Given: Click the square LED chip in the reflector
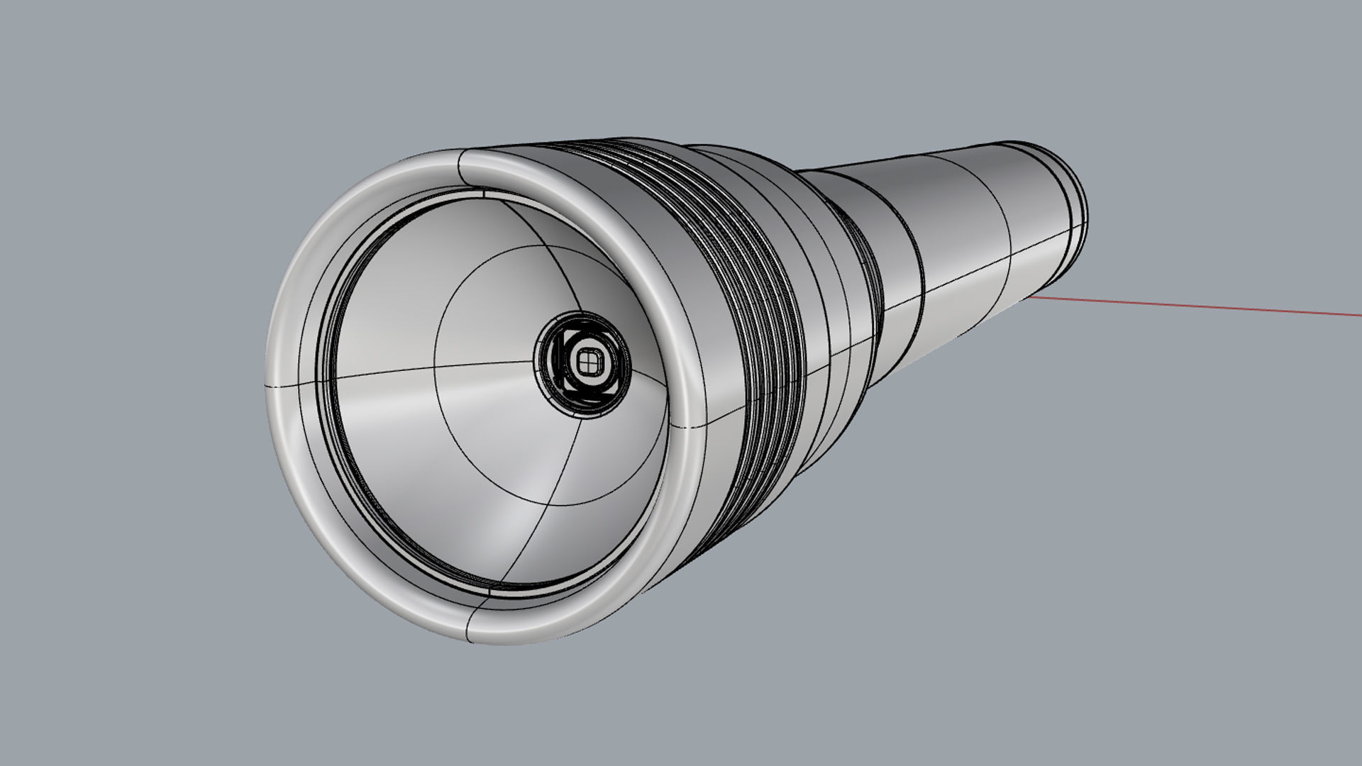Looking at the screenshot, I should tap(587, 362).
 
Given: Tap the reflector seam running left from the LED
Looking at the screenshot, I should tap(426, 369).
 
